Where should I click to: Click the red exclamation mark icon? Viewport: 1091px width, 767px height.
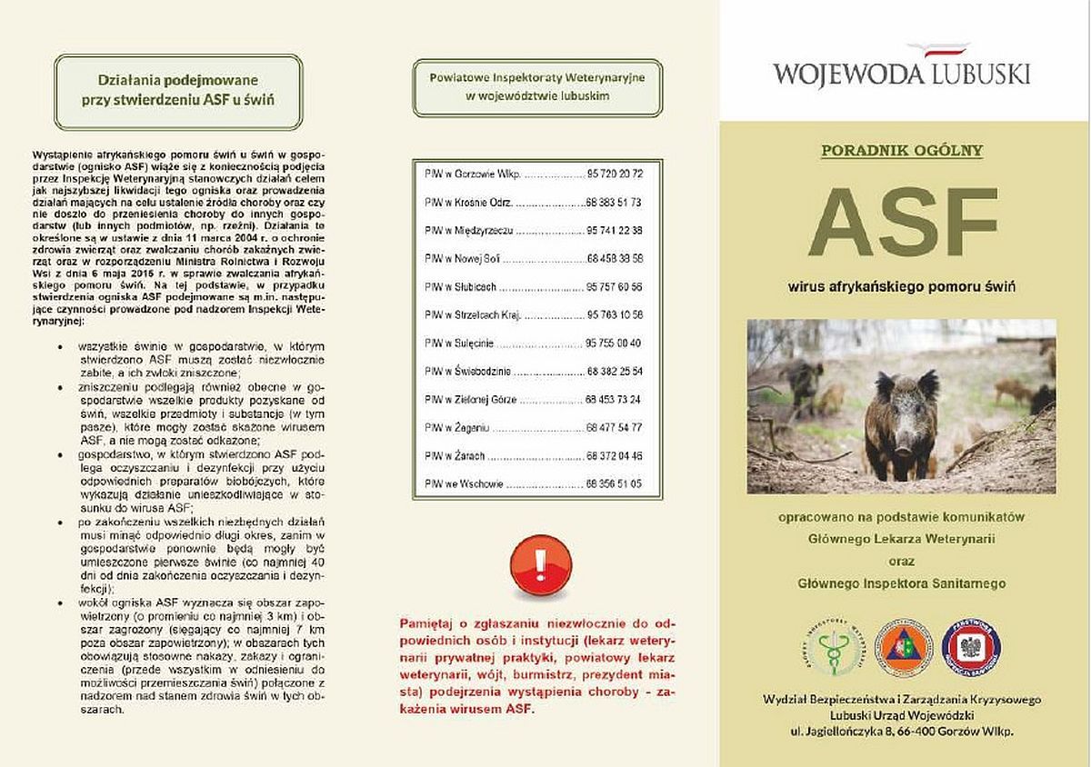pos(541,565)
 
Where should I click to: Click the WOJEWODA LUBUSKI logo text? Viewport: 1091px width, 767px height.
pos(901,74)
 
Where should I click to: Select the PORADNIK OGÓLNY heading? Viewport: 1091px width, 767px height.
pos(902,150)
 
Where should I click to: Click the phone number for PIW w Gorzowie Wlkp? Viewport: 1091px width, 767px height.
pos(616,173)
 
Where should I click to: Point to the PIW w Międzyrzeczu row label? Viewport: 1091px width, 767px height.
pos(465,230)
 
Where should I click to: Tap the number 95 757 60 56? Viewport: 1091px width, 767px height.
pos(616,286)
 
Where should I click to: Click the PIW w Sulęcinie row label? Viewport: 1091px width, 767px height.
pos(458,343)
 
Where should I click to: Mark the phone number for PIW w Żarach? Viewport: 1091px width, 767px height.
pos(616,455)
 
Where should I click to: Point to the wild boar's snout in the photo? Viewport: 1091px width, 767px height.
pos(902,445)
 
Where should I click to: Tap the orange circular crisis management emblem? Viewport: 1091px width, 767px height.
pos(904,647)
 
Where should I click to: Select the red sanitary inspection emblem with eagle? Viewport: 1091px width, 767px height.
pos(971,647)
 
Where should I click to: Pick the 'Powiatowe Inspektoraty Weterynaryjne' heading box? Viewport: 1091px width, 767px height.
pos(537,86)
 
